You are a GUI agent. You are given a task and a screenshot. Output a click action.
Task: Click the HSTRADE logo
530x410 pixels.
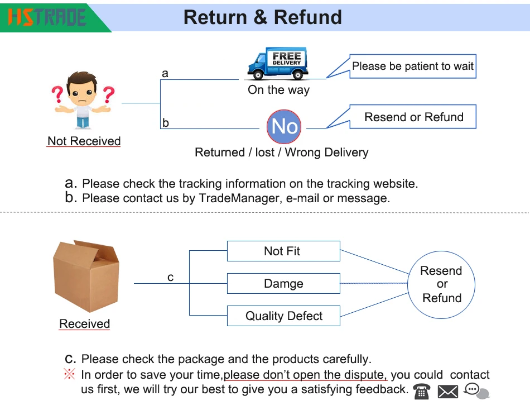[47, 16]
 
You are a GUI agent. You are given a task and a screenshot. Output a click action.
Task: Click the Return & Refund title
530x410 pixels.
[262, 17]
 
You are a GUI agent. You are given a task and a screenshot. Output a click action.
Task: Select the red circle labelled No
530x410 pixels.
[284, 126]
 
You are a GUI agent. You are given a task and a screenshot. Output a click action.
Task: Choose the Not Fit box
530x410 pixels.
[283, 251]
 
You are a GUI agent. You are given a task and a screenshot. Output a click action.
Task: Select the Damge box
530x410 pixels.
[283, 284]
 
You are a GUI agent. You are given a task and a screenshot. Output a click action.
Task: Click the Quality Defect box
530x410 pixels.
[283, 316]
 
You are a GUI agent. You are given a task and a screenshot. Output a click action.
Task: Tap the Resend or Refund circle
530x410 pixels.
[441, 284]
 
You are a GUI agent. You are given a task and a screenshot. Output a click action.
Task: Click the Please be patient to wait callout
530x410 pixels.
[413, 66]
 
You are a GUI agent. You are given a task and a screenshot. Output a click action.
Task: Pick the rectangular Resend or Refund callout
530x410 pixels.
[413, 117]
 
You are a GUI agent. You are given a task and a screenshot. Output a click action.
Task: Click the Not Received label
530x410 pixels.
[84, 141]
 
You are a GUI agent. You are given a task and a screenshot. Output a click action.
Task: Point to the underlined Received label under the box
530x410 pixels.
[85, 324]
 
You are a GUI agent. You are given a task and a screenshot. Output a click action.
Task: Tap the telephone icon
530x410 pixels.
[422, 391]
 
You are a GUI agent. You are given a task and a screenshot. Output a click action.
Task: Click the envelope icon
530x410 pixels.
[448, 392]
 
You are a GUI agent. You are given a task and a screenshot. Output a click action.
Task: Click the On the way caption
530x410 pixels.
[278, 90]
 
